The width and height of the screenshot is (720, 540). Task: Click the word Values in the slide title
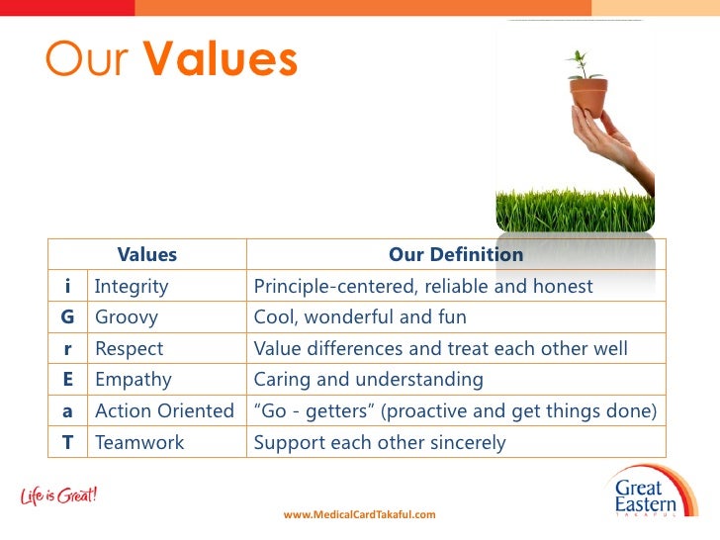point(221,57)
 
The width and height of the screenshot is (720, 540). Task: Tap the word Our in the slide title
point(86,58)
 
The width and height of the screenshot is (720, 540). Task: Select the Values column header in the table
point(147,254)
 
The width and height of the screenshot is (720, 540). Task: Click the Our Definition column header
point(456,254)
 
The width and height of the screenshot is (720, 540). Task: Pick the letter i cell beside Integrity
point(67,286)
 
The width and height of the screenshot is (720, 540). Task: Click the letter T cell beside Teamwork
point(67,442)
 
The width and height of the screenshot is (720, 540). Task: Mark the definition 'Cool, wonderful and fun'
point(360,316)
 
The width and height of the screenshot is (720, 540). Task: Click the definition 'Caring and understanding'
point(368,380)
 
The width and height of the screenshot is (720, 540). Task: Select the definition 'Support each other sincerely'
point(380,443)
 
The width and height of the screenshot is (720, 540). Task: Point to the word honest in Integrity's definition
point(563,286)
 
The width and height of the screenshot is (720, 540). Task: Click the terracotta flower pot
point(588,97)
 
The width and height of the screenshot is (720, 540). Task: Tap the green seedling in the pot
point(583,65)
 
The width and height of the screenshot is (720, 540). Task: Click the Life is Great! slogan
point(58,495)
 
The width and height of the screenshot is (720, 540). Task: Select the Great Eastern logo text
point(645,495)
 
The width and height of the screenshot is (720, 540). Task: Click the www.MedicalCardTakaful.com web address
point(360,514)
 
